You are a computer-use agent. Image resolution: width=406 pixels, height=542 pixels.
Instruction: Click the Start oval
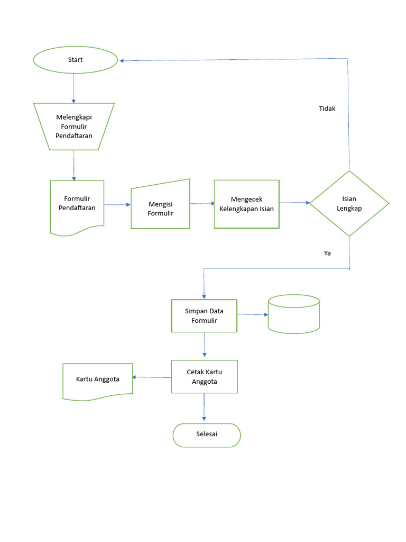pos(75,60)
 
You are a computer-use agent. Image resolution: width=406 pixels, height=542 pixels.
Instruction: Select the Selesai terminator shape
pos(207,435)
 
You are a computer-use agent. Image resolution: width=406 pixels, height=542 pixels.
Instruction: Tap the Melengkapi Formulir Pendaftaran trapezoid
pos(74,127)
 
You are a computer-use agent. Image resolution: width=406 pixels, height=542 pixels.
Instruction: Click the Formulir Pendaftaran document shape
pos(77,203)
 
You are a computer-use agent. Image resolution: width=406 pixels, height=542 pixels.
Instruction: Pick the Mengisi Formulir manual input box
pos(161,208)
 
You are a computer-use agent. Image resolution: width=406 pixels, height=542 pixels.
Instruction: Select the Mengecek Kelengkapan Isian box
pos(246,204)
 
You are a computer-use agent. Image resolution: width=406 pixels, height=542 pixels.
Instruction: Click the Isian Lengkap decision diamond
pos(349,203)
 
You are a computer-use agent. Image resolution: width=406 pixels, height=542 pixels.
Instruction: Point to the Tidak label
pos(327,109)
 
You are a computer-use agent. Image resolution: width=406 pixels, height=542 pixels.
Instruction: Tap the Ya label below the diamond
pos(327,253)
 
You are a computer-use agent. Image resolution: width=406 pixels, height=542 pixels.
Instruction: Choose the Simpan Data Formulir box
pos(204,316)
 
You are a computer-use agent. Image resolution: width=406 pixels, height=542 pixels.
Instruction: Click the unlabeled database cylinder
pos(293,314)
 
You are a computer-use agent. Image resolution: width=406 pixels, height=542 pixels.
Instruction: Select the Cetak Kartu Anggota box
pos(204,376)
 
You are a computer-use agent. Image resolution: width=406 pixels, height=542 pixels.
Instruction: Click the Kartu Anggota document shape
pos(97,380)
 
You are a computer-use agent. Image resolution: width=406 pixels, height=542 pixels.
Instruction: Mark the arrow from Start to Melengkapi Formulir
pos(73,87)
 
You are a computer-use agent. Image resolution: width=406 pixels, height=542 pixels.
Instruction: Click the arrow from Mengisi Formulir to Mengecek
pos(202,203)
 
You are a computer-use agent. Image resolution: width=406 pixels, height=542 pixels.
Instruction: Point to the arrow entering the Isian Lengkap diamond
pos(294,203)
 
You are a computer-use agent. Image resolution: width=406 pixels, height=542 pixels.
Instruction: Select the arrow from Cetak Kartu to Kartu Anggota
pos(152,377)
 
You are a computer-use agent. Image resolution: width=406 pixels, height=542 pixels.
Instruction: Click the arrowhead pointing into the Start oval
pos(122,60)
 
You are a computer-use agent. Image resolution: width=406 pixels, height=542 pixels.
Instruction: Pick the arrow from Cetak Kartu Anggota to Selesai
pos(204,408)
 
